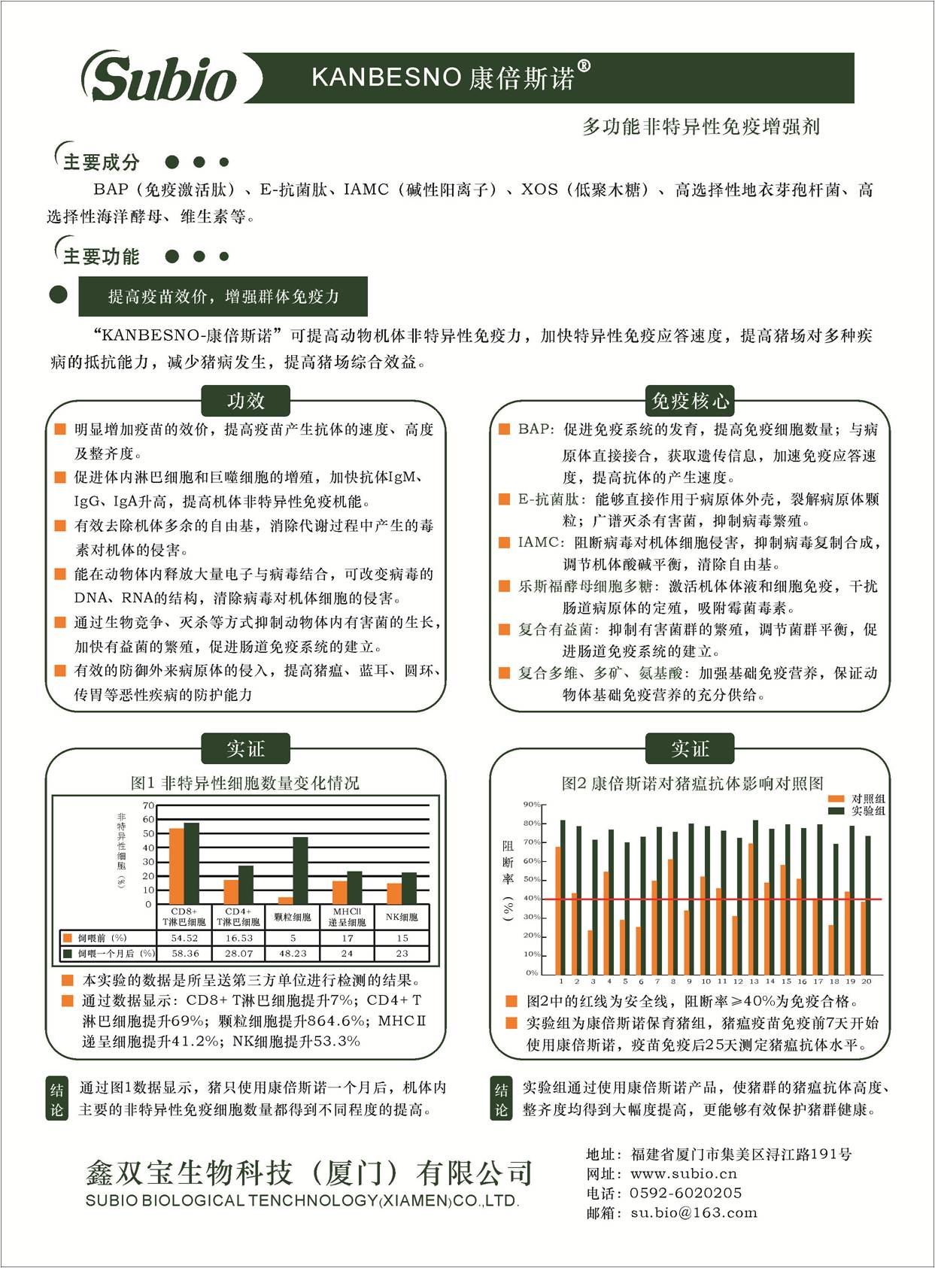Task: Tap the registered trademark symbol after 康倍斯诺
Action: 584,66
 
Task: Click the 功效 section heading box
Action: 246,401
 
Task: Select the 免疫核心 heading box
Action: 690,401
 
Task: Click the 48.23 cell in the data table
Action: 293,953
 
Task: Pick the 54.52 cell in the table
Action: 184,938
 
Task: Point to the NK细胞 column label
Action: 402,917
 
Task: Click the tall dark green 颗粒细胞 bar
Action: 300,870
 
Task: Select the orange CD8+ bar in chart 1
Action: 177,866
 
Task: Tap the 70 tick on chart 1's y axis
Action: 148,805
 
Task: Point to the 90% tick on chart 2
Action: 531,805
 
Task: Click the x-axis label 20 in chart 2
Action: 867,981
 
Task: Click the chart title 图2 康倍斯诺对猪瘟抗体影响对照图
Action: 692,784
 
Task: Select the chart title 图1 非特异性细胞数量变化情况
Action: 245,783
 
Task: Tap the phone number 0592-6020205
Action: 685,1193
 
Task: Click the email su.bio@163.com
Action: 694,1212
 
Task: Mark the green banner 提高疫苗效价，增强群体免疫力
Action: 223,296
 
